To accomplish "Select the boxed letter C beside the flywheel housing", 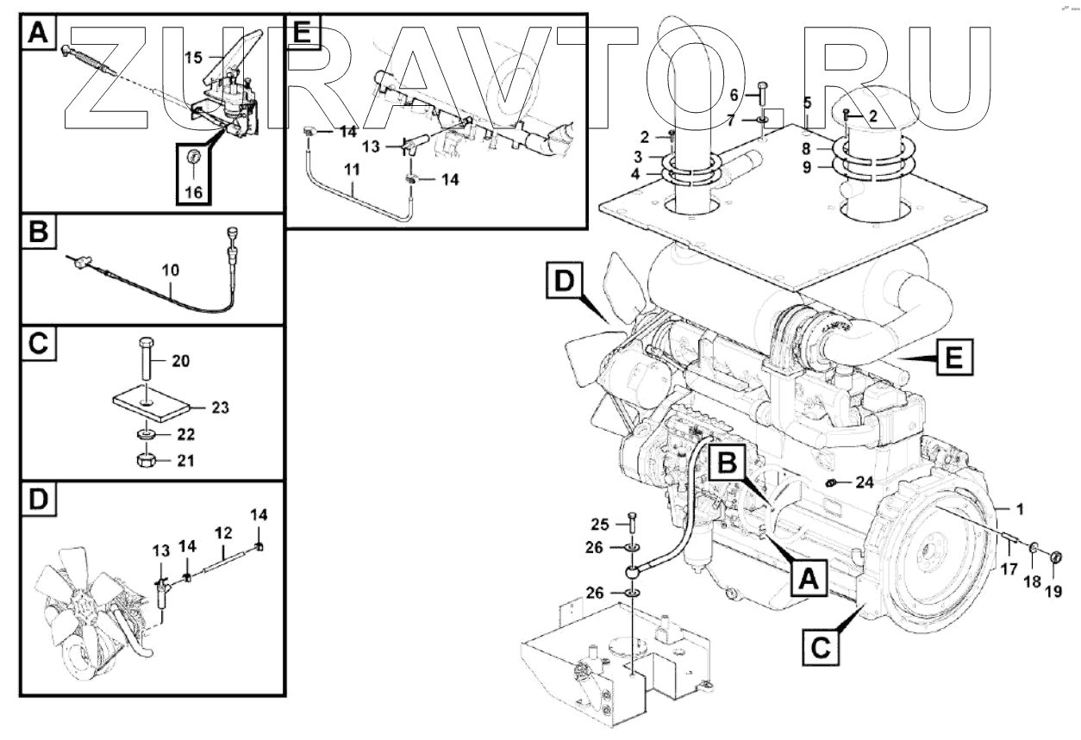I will point(820,647).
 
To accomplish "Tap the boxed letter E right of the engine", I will point(952,356).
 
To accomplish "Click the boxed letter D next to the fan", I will point(562,281).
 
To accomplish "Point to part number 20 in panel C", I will point(180,360).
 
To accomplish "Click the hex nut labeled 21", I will point(145,461).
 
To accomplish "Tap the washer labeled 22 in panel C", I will point(145,432).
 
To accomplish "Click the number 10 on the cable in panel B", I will point(170,270).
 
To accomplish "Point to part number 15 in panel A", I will point(194,57).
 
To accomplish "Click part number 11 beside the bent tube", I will point(353,170).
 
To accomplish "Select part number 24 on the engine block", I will point(865,482).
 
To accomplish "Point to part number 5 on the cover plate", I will point(808,103).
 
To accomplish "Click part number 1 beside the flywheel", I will point(1020,509).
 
